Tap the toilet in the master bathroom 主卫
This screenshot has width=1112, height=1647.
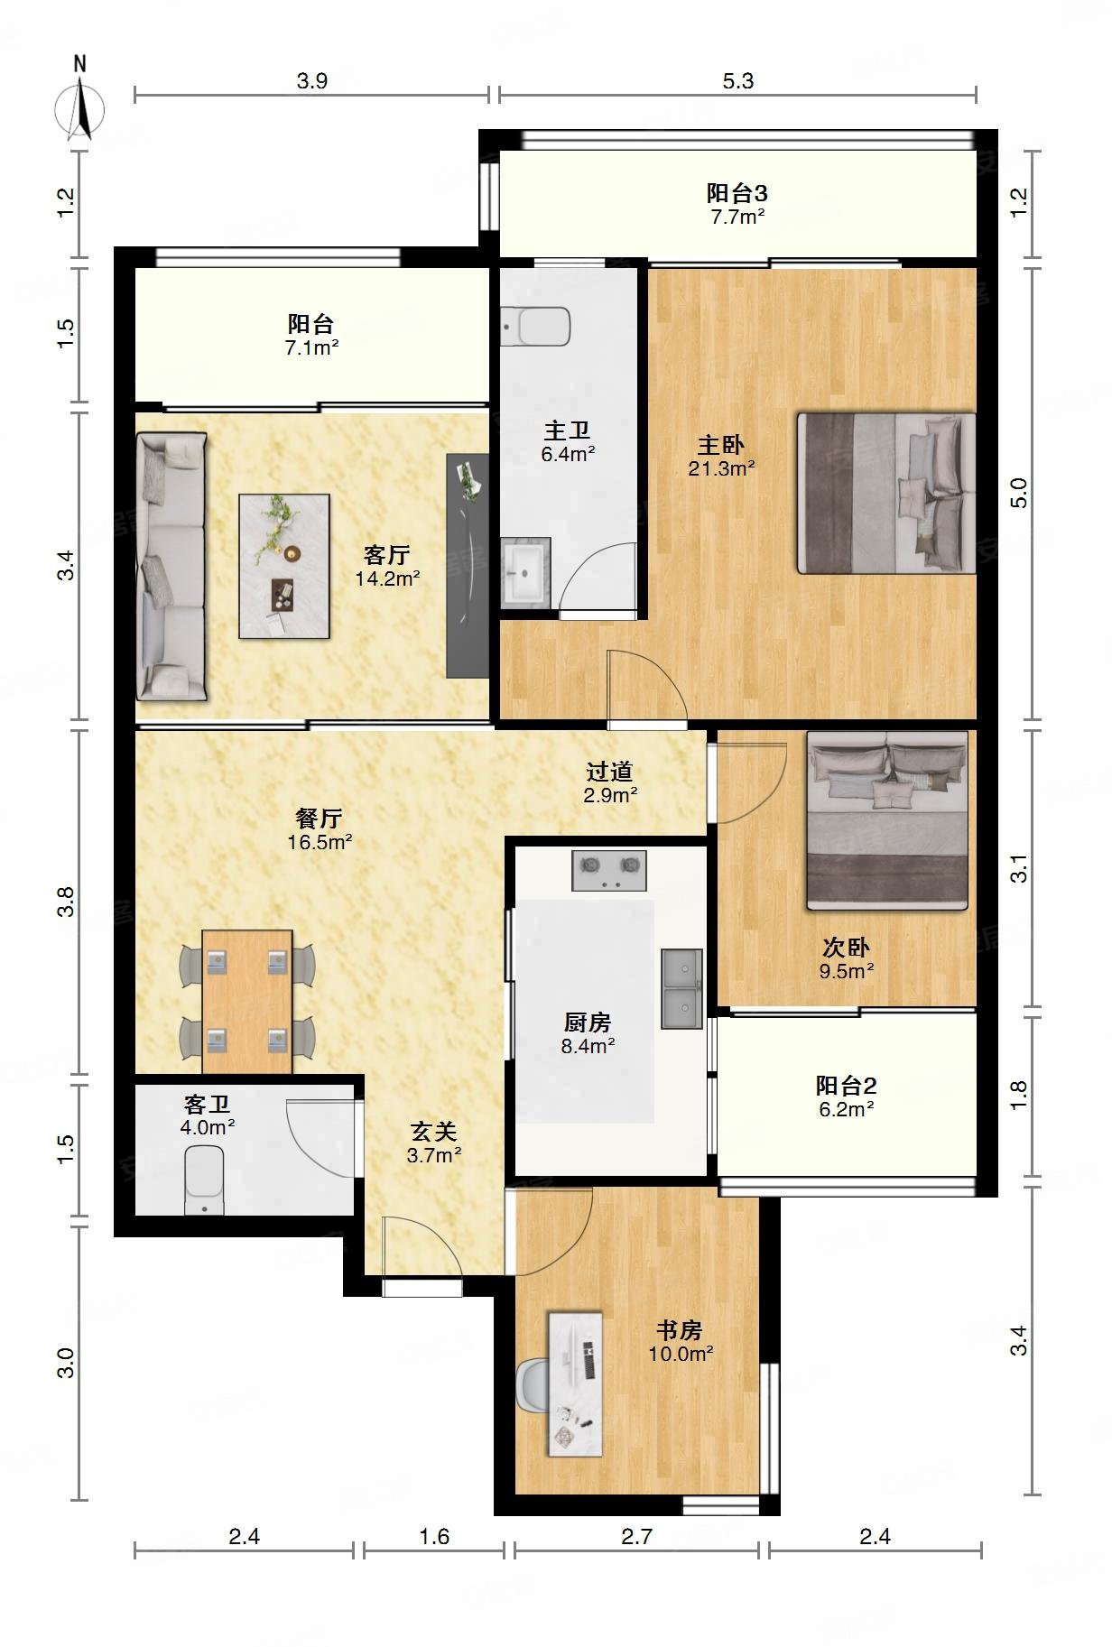coord(536,326)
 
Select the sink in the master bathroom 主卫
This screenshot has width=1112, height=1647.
coord(525,571)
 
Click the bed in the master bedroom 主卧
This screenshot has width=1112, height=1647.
coord(886,493)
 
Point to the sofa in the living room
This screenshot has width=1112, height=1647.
coord(171,567)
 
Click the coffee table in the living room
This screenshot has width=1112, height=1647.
coord(283,566)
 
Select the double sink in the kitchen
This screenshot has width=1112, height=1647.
coord(681,988)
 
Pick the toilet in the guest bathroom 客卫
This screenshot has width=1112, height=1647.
coord(205,1179)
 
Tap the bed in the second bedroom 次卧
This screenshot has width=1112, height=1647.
coord(887,819)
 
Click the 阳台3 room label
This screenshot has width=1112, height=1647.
coord(737,192)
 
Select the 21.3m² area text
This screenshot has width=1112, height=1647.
coord(721,468)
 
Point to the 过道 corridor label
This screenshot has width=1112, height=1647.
coord(610,772)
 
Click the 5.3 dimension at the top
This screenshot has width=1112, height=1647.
coord(737,80)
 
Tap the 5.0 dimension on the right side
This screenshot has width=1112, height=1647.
coord(1018,493)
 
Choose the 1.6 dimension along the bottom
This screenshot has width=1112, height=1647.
coord(434,1535)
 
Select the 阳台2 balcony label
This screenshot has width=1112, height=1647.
coord(846,1086)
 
